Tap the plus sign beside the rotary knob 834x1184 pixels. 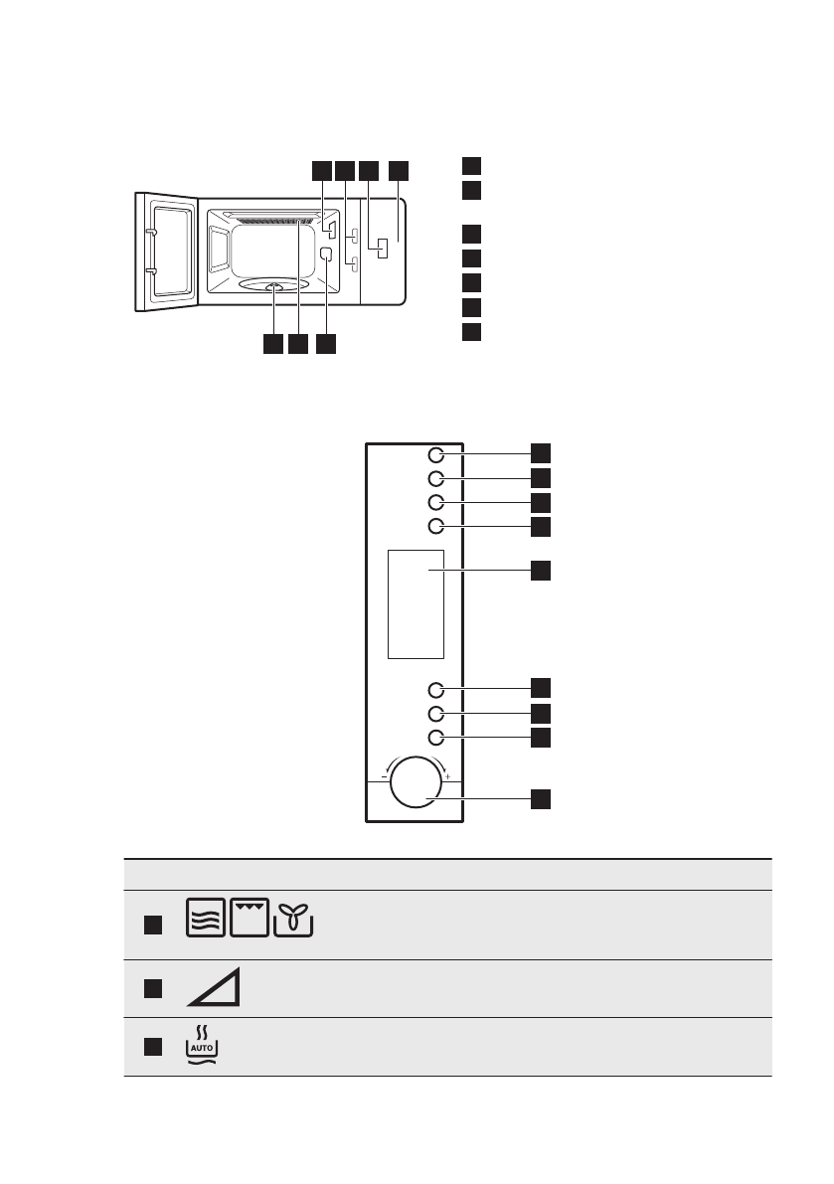pyautogui.click(x=448, y=775)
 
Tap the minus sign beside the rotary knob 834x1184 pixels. pyautogui.click(x=383, y=775)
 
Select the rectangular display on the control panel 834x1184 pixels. pyautogui.click(x=416, y=602)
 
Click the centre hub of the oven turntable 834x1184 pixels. pyautogui.click(x=274, y=288)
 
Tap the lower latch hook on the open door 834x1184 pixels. pyautogui.click(x=150, y=269)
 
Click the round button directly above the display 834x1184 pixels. pyautogui.click(x=435, y=526)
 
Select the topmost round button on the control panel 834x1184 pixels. pyautogui.click(x=435, y=454)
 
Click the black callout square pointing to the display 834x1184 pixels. pyautogui.click(x=539, y=571)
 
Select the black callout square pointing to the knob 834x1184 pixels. pyautogui.click(x=539, y=798)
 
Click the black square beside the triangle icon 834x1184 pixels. pyautogui.click(x=150, y=988)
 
